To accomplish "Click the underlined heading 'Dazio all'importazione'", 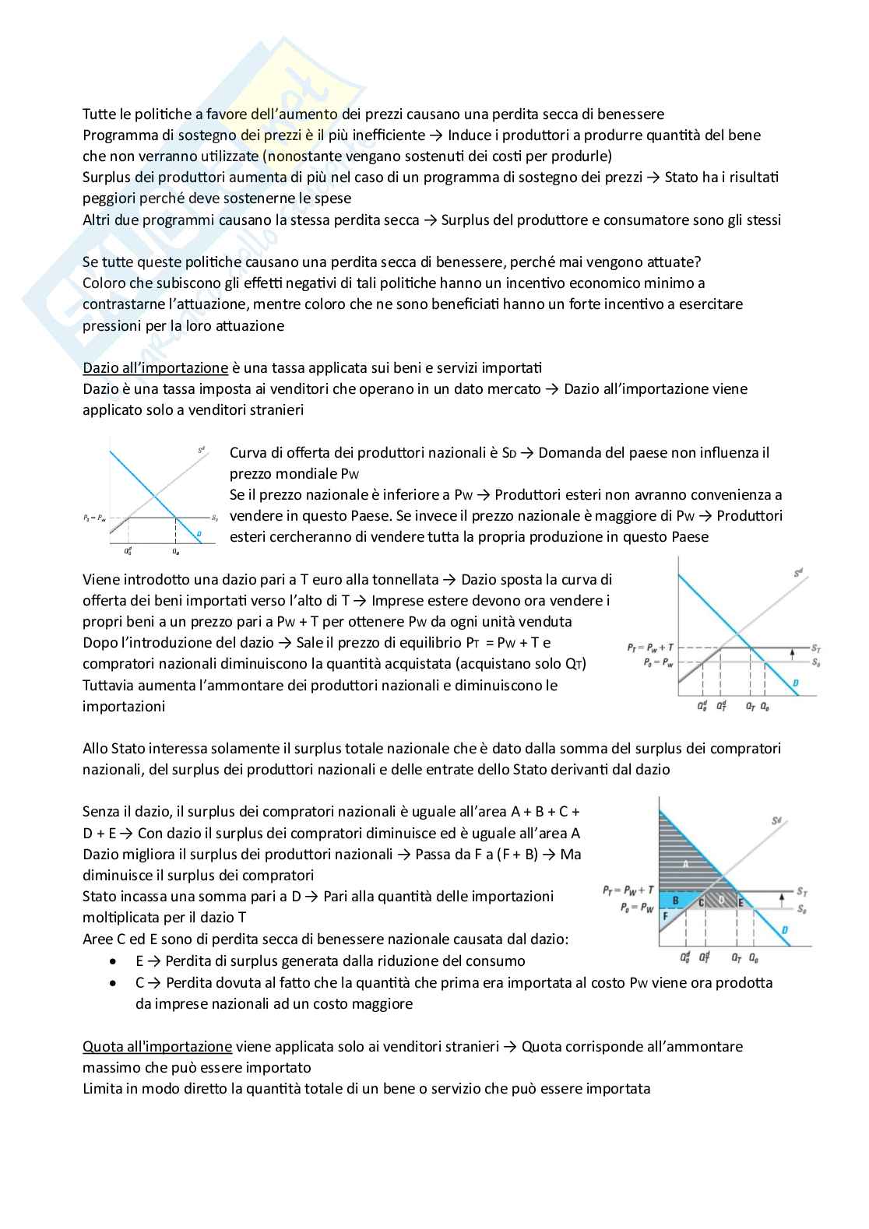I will [x=155, y=367].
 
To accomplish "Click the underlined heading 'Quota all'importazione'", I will [x=157, y=1046].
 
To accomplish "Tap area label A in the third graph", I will [x=686, y=865].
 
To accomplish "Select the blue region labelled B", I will [x=676, y=901].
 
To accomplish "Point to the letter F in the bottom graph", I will [x=665, y=917].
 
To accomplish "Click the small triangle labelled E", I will [x=741, y=903].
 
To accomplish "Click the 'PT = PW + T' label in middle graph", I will [x=649, y=648].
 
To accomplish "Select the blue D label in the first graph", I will [x=200, y=533].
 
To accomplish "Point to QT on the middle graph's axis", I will [x=750, y=707].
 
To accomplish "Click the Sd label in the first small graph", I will [x=200, y=450].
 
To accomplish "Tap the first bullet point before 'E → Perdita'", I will [x=115, y=961].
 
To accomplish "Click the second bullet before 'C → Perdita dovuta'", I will [x=115, y=983].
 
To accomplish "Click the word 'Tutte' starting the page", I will [x=99, y=114].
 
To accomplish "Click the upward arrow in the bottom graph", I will [x=782, y=901].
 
